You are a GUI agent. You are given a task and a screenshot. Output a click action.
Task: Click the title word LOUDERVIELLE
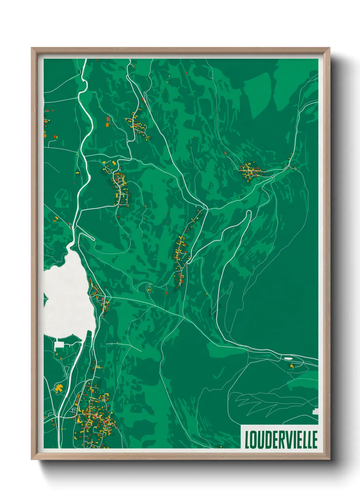point(281,440)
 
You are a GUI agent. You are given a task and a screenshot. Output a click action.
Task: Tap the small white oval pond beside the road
point(288,358)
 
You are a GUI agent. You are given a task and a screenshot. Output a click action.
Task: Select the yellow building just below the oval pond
point(292,366)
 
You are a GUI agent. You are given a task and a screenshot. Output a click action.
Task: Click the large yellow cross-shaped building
point(59,388)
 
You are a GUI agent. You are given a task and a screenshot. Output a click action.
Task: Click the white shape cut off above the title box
point(315,411)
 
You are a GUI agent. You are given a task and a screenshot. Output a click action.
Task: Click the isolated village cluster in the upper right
point(250,171)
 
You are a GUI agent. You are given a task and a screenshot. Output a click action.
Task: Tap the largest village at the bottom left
point(94,415)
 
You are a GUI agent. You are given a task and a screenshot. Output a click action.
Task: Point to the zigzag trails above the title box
point(265,402)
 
